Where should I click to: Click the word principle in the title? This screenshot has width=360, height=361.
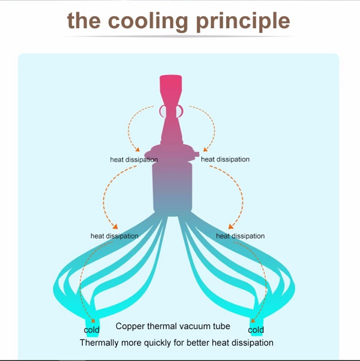(243, 22)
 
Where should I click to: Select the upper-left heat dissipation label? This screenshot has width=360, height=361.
(134, 160)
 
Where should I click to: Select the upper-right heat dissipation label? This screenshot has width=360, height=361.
(225, 159)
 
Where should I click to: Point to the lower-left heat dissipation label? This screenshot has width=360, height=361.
(115, 236)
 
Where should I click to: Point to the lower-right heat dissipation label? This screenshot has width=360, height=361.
(240, 236)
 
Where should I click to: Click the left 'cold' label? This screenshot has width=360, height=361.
(91, 330)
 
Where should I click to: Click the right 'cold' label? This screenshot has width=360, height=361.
(256, 330)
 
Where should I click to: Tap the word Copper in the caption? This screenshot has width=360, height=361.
(130, 327)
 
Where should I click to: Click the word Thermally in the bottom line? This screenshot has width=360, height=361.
(99, 343)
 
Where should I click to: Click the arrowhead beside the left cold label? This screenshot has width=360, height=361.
(91, 320)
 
